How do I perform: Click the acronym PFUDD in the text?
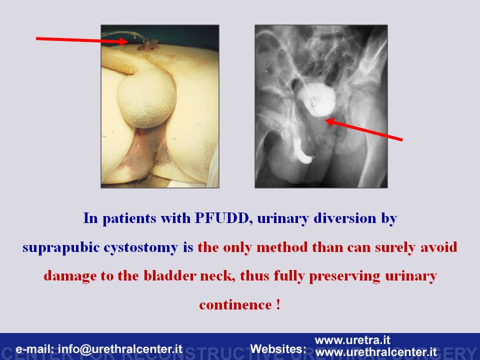tap(221, 218)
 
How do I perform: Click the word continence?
tap(235, 305)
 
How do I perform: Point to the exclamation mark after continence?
tap(278, 304)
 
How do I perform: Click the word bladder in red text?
tap(170, 276)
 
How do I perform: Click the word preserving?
tap(344, 276)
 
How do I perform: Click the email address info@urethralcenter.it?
tap(120, 348)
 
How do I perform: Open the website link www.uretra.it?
tap(352, 340)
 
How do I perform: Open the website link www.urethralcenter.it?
tap(375, 351)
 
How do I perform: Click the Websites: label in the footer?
tap(278, 348)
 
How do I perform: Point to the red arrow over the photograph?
tap(82, 40)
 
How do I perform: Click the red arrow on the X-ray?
tap(363, 130)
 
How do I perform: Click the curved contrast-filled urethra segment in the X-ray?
tap(303, 151)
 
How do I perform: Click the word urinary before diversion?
tap(282, 218)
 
